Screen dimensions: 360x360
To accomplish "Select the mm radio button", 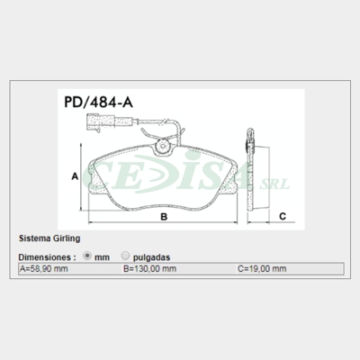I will (x=87, y=256).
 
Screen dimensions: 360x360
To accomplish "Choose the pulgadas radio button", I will (x=125, y=256).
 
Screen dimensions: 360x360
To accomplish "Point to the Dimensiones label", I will (x=44, y=256).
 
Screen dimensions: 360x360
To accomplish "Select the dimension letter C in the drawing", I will (x=281, y=216).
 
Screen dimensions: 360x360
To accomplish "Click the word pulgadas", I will (x=150, y=256).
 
